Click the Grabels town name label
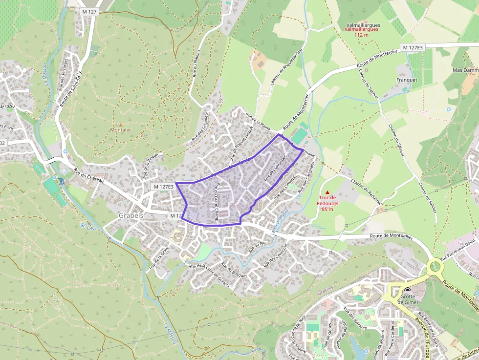point(131,215)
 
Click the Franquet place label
point(407,80)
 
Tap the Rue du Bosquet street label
point(234,270)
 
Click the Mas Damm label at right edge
point(465,70)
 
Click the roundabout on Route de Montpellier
point(435,267)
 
